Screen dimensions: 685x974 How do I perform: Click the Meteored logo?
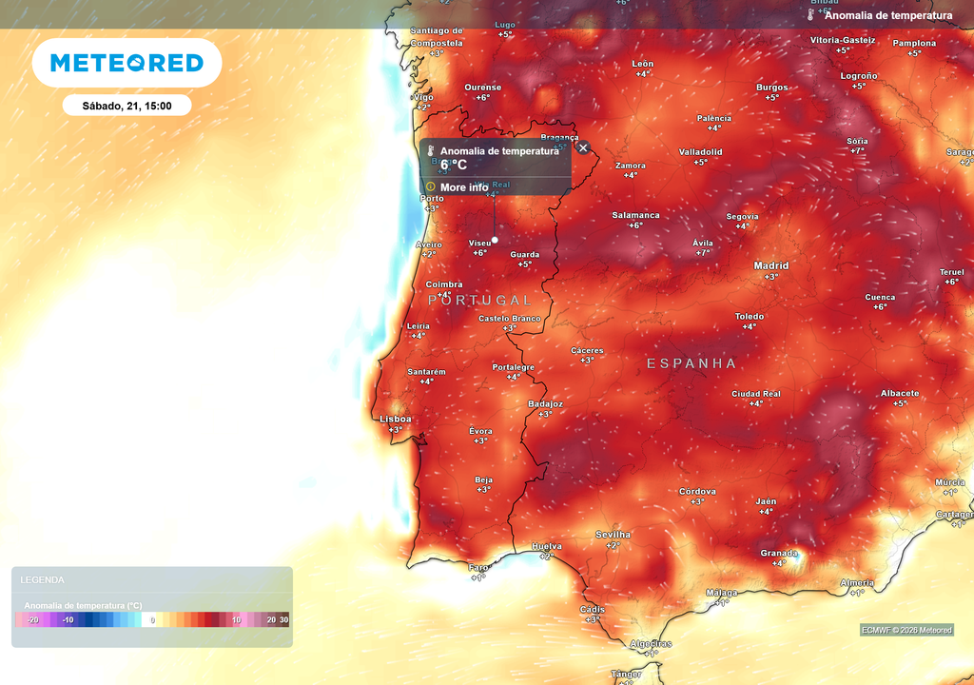pyautogui.click(x=127, y=63)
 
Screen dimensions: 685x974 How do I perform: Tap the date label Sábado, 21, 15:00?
pyautogui.click(x=127, y=106)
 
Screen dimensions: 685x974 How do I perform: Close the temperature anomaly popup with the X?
pyautogui.click(x=583, y=148)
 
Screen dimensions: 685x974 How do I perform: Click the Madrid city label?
pyautogui.click(x=771, y=266)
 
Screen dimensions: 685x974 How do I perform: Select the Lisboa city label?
pyautogui.click(x=396, y=419)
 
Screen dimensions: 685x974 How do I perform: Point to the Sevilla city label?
pyautogui.click(x=613, y=535)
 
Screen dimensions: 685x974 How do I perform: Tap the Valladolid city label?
pyautogui.click(x=700, y=152)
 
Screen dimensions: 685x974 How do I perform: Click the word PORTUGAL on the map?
pyautogui.click(x=480, y=300)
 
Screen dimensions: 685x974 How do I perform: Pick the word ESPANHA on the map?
pyautogui.click(x=692, y=363)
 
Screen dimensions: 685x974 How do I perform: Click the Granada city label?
pyautogui.click(x=778, y=553)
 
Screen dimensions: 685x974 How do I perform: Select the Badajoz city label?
pyautogui.click(x=545, y=404)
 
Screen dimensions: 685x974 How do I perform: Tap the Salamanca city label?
pyautogui.click(x=635, y=215)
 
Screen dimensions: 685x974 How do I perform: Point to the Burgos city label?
pyautogui.click(x=771, y=88)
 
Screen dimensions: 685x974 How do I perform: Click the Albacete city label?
pyautogui.click(x=899, y=393)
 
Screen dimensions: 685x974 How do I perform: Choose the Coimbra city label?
pyautogui.click(x=444, y=284)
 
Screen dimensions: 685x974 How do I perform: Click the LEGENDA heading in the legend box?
pyautogui.click(x=43, y=579)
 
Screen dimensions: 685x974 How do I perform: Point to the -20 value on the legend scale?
pyautogui.click(x=33, y=620)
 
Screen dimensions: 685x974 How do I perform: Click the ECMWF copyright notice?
pyautogui.click(x=906, y=630)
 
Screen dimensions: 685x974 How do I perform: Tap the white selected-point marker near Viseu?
pyautogui.click(x=495, y=240)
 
